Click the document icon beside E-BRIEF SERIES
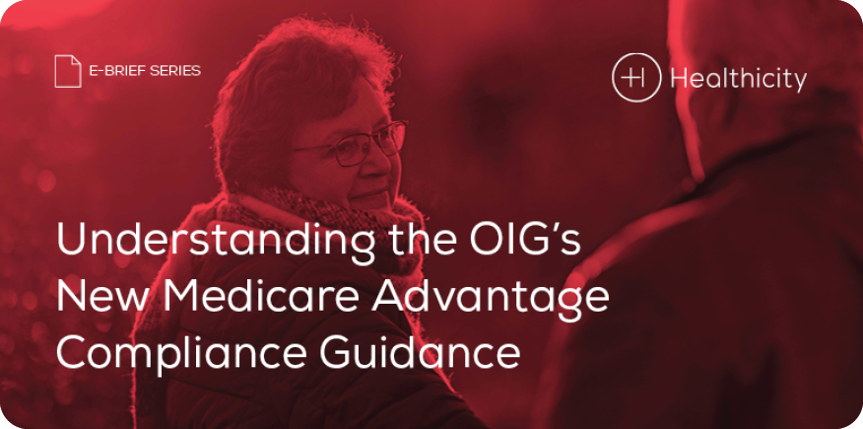tap(68, 71)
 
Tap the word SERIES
tap(179, 71)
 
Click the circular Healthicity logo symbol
tap(636, 78)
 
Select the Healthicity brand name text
tap(738, 79)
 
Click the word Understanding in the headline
tap(215, 240)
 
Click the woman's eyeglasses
tap(355, 143)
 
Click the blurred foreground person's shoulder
tap(688, 209)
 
